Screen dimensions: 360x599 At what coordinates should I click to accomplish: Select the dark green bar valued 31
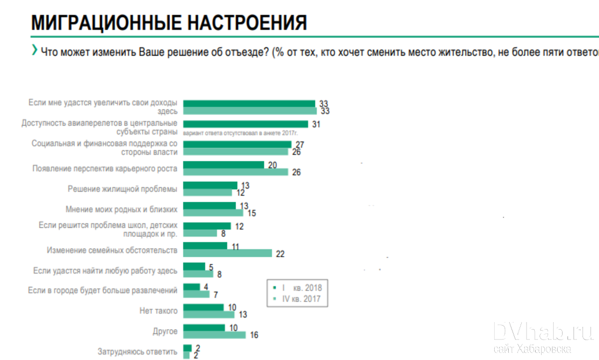tap(246, 124)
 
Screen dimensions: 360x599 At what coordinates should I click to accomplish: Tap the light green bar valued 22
tap(228, 253)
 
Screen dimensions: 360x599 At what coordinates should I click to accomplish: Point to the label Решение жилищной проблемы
tap(122, 189)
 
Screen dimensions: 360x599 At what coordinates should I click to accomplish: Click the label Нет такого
tap(158, 311)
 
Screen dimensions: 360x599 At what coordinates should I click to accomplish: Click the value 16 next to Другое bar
tap(254, 335)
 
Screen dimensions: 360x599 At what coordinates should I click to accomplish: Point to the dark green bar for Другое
tap(204, 328)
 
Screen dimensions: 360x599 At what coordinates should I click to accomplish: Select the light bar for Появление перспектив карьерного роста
tap(236, 172)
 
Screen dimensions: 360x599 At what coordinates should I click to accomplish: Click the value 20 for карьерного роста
tap(272, 165)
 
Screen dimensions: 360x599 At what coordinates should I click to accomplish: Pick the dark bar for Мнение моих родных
tap(210, 205)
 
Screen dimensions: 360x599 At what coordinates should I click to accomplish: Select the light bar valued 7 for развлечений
tap(196, 294)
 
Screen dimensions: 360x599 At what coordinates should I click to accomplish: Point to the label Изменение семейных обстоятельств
tap(112, 250)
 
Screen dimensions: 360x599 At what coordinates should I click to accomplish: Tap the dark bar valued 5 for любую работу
tap(194, 267)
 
